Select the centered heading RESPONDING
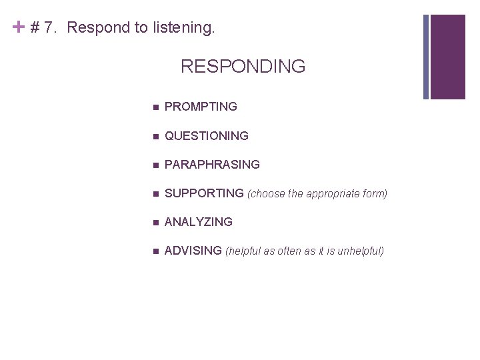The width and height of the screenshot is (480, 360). click(x=243, y=67)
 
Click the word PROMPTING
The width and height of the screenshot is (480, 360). click(x=201, y=107)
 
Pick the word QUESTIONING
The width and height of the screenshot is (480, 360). click(x=206, y=136)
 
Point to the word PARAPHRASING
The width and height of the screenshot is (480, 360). click(x=212, y=165)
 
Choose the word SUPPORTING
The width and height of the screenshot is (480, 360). click(x=204, y=193)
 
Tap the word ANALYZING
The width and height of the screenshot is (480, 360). click(x=198, y=222)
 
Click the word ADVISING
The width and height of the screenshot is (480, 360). click(x=193, y=251)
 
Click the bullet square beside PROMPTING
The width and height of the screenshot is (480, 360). click(x=155, y=107)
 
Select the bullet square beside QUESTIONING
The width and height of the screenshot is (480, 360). click(x=155, y=137)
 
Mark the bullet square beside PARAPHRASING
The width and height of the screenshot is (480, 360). click(x=155, y=165)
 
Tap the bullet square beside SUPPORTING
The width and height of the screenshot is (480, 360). click(x=155, y=194)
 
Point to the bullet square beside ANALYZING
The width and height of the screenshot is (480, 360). click(x=155, y=223)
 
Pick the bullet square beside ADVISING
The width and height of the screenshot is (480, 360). click(x=155, y=251)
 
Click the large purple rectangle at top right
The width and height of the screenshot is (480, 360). click(x=448, y=57)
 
